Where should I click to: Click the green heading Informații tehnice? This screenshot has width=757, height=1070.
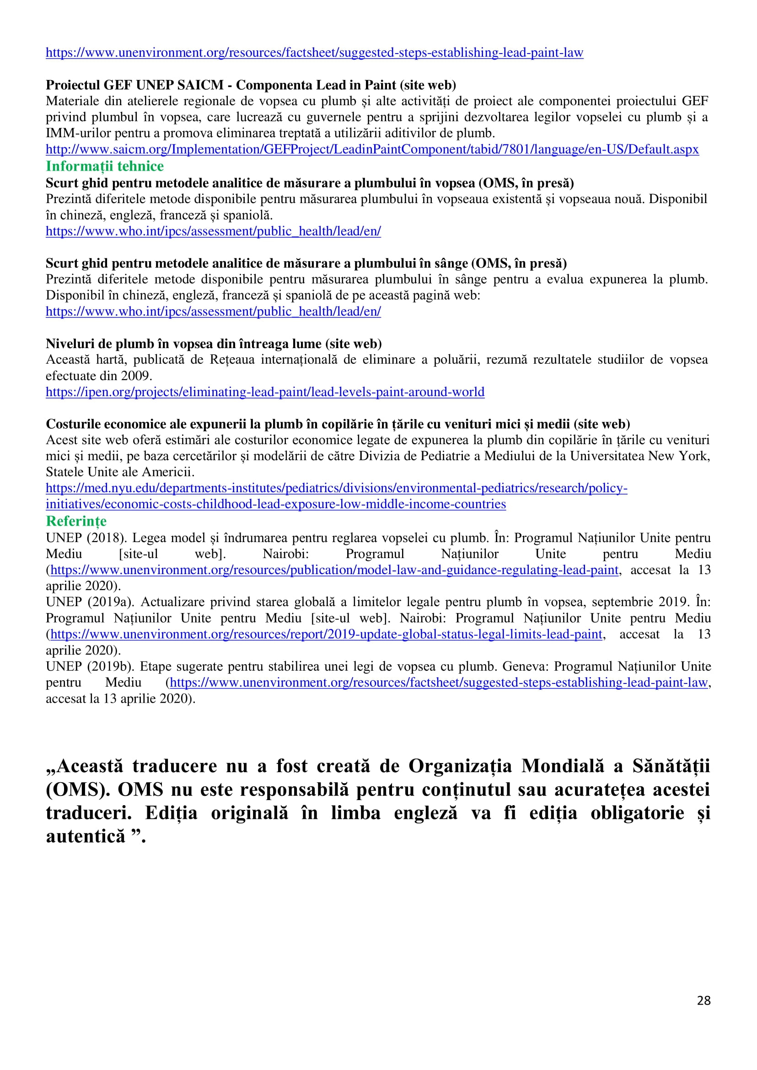coord(104,166)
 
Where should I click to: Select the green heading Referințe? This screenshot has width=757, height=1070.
coord(76,521)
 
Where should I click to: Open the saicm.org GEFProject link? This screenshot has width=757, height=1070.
coord(372,149)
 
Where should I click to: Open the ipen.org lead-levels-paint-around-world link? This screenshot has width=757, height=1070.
coord(265,392)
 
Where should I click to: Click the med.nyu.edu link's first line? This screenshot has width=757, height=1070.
coord(336,488)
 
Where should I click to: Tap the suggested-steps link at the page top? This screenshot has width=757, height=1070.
coord(314,52)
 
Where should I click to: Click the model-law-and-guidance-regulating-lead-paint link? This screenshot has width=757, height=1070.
coord(334,570)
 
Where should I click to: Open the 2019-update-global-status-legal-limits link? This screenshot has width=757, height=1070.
coord(326,634)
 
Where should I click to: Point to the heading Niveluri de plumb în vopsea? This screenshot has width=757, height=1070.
coord(214,344)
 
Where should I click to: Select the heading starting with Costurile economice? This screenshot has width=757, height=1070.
coord(338,424)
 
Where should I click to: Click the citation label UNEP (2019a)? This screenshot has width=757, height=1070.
coord(89,602)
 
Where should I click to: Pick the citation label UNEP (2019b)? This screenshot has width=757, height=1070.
coord(89,666)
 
